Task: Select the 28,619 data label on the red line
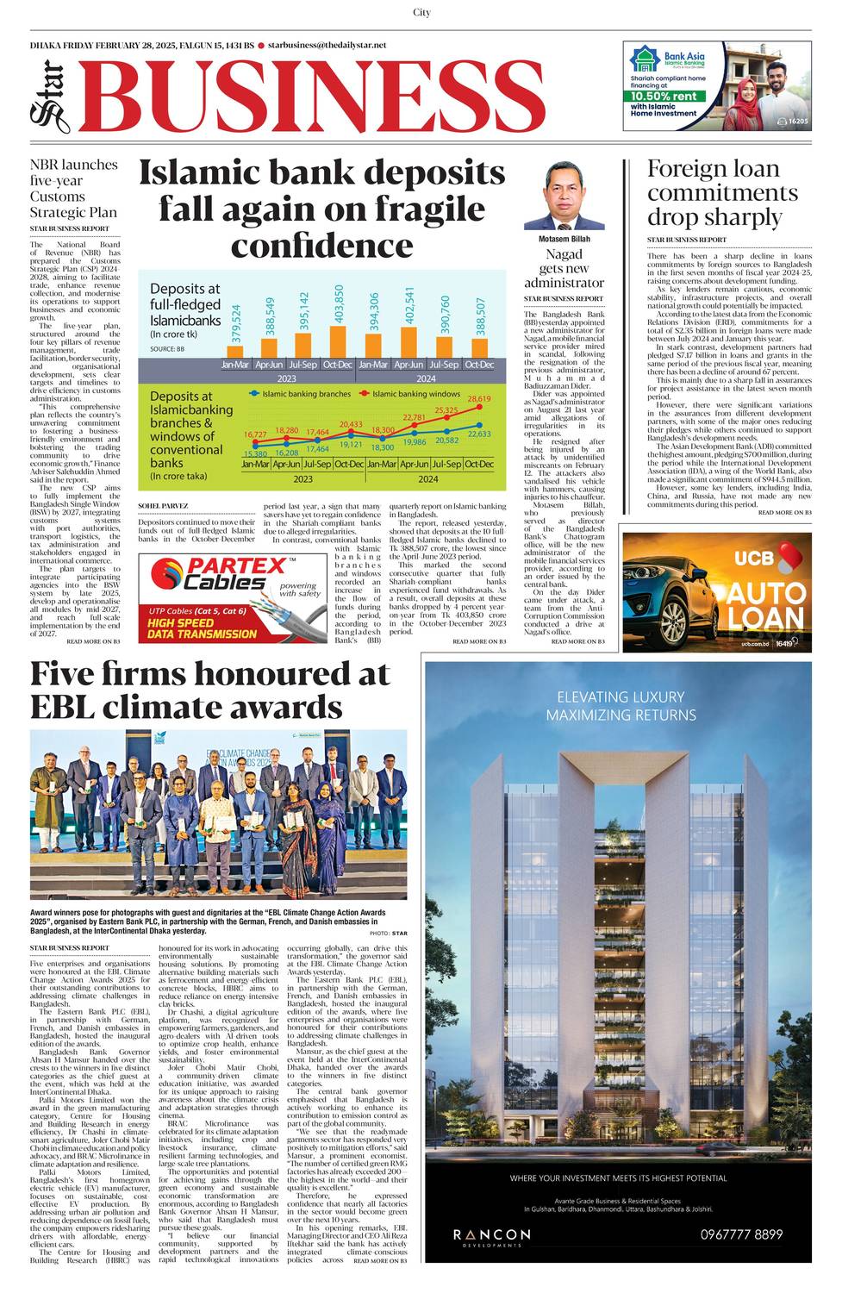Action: point(479,399)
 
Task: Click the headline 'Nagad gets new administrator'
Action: point(564,268)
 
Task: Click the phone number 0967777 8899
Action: point(741,1234)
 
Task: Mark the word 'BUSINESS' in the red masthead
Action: point(315,98)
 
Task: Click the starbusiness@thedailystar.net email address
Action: point(327,45)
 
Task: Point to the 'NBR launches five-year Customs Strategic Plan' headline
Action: point(73,188)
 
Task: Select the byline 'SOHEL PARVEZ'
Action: point(163,506)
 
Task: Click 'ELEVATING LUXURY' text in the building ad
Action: point(621,696)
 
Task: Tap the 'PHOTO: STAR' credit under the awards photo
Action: point(389,934)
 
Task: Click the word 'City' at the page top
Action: point(421,12)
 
